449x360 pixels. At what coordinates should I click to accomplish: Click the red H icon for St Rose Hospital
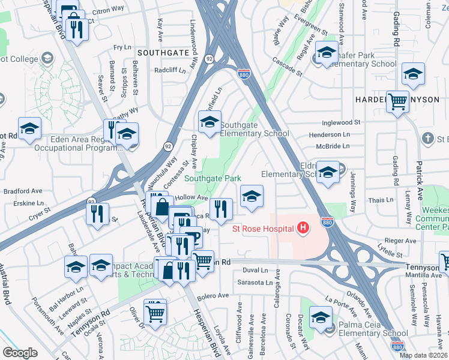[303, 228]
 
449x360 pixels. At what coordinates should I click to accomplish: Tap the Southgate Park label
[212, 178]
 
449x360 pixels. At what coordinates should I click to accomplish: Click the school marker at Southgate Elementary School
[209, 122]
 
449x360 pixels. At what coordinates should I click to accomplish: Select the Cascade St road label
[287, 68]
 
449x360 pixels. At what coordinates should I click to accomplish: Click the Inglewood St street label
[340, 122]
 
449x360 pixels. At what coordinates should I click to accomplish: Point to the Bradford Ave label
[20, 192]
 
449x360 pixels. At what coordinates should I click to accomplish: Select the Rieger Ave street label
[400, 241]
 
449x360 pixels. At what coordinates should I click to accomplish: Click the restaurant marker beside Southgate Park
[221, 209]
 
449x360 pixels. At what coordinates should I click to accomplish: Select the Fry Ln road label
[122, 47]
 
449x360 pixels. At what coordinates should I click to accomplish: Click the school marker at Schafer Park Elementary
[326, 53]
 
